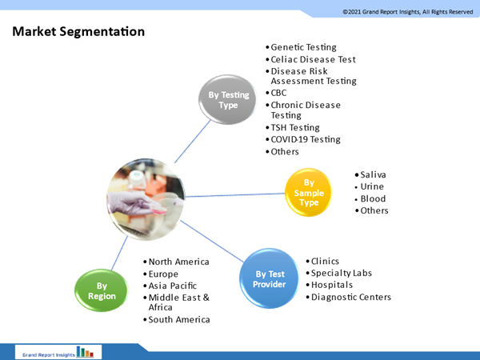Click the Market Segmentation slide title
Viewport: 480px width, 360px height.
(78, 32)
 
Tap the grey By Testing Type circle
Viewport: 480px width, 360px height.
(229, 100)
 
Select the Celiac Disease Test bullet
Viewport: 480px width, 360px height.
(313, 59)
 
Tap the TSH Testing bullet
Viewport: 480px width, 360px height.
(295, 127)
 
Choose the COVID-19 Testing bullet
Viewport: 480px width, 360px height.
(306, 139)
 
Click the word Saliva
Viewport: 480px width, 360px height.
(373, 174)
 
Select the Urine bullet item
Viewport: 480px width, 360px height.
(372, 186)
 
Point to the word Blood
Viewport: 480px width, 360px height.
(373, 198)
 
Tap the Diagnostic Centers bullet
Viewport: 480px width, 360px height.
(351, 297)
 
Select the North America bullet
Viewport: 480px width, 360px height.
(178, 262)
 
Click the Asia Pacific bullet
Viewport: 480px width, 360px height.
(174, 286)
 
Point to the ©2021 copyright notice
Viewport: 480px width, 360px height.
(407, 11)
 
